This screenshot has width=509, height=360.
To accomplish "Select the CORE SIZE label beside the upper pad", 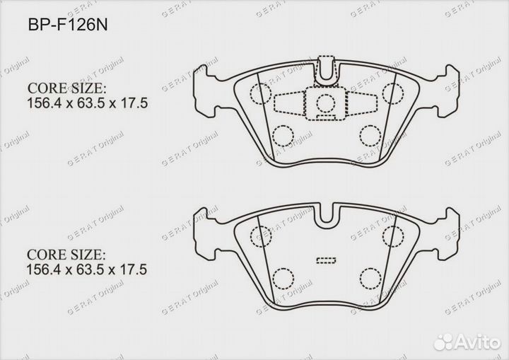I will point(66,89).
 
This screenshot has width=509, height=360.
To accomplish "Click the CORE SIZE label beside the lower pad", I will point(66,253).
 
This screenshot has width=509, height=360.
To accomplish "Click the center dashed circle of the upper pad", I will point(325,103).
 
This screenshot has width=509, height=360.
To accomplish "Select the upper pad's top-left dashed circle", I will point(260,91).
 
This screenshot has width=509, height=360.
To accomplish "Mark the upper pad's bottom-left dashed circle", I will point(283,134).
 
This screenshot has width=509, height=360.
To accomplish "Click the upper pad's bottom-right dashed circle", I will point(368,134).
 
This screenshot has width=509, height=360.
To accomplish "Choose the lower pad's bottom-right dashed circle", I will point(368,277).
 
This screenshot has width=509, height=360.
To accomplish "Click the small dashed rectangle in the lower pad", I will point(326,260).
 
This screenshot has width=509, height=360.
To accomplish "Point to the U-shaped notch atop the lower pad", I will point(326,213).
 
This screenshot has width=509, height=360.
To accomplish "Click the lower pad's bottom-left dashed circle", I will point(283,277).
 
